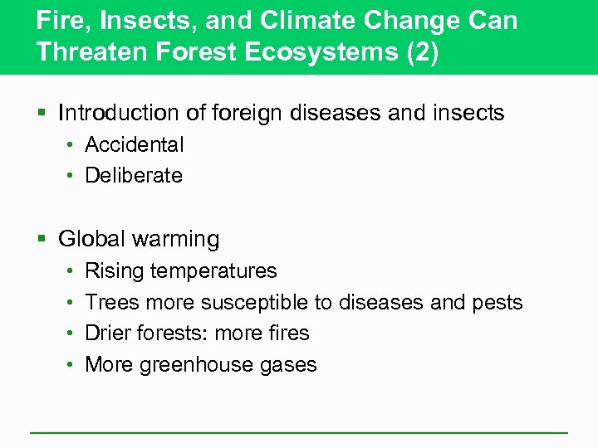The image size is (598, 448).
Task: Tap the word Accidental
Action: [135, 144]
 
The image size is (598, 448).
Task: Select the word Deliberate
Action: [134, 175]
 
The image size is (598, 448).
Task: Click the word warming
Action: [179, 240]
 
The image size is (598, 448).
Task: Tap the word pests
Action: [498, 303]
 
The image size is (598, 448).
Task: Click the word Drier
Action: [110, 333]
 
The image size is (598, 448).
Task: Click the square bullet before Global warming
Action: [42, 240]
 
